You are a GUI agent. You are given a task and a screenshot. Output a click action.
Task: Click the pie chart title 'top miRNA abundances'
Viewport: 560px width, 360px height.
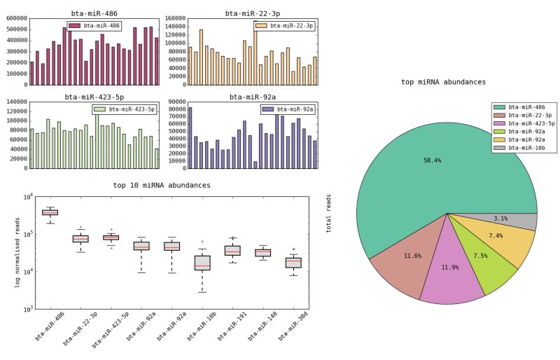444,82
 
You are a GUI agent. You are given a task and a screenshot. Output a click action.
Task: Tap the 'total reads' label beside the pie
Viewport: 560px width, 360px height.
329,213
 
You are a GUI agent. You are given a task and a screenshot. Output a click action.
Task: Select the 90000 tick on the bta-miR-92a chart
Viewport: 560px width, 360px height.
174,102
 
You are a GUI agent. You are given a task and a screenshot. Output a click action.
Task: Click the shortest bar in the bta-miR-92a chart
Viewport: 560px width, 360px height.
255,165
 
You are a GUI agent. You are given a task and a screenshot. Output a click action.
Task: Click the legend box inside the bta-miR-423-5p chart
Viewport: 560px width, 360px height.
123,109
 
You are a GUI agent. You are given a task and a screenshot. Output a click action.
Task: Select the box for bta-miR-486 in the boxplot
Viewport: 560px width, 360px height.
50,212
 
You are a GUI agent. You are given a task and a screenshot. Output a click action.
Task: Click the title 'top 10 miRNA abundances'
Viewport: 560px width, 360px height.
161,186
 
